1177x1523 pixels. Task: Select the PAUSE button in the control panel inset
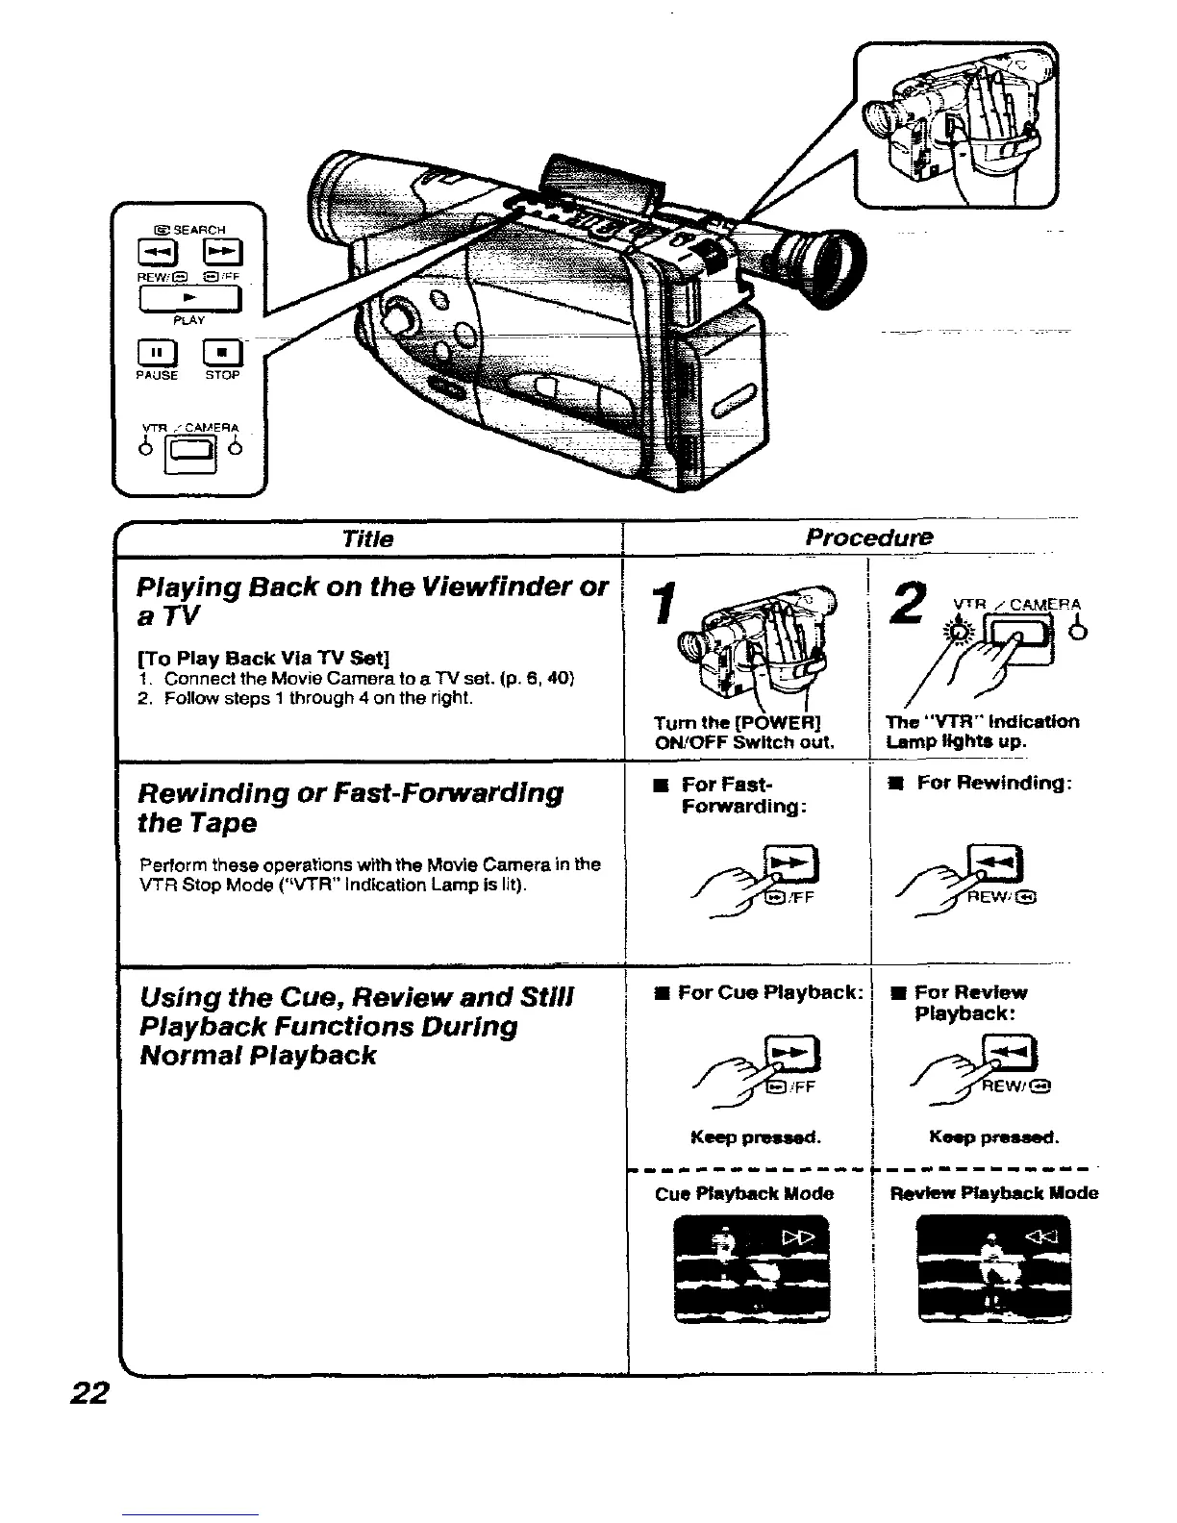click(x=156, y=352)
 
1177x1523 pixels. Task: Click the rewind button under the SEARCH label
click(x=156, y=254)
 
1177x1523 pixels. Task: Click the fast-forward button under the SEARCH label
click(x=222, y=254)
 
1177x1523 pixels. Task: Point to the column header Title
click(x=367, y=538)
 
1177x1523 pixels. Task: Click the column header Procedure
click(x=868, y=536)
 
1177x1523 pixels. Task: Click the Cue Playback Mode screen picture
click(x=751, y=1268)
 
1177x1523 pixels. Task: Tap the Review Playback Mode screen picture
click(x=993, y=1268)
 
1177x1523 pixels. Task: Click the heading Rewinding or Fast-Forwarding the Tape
click(x=351, y=808)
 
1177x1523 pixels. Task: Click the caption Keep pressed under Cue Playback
click(x=755, y=1137)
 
